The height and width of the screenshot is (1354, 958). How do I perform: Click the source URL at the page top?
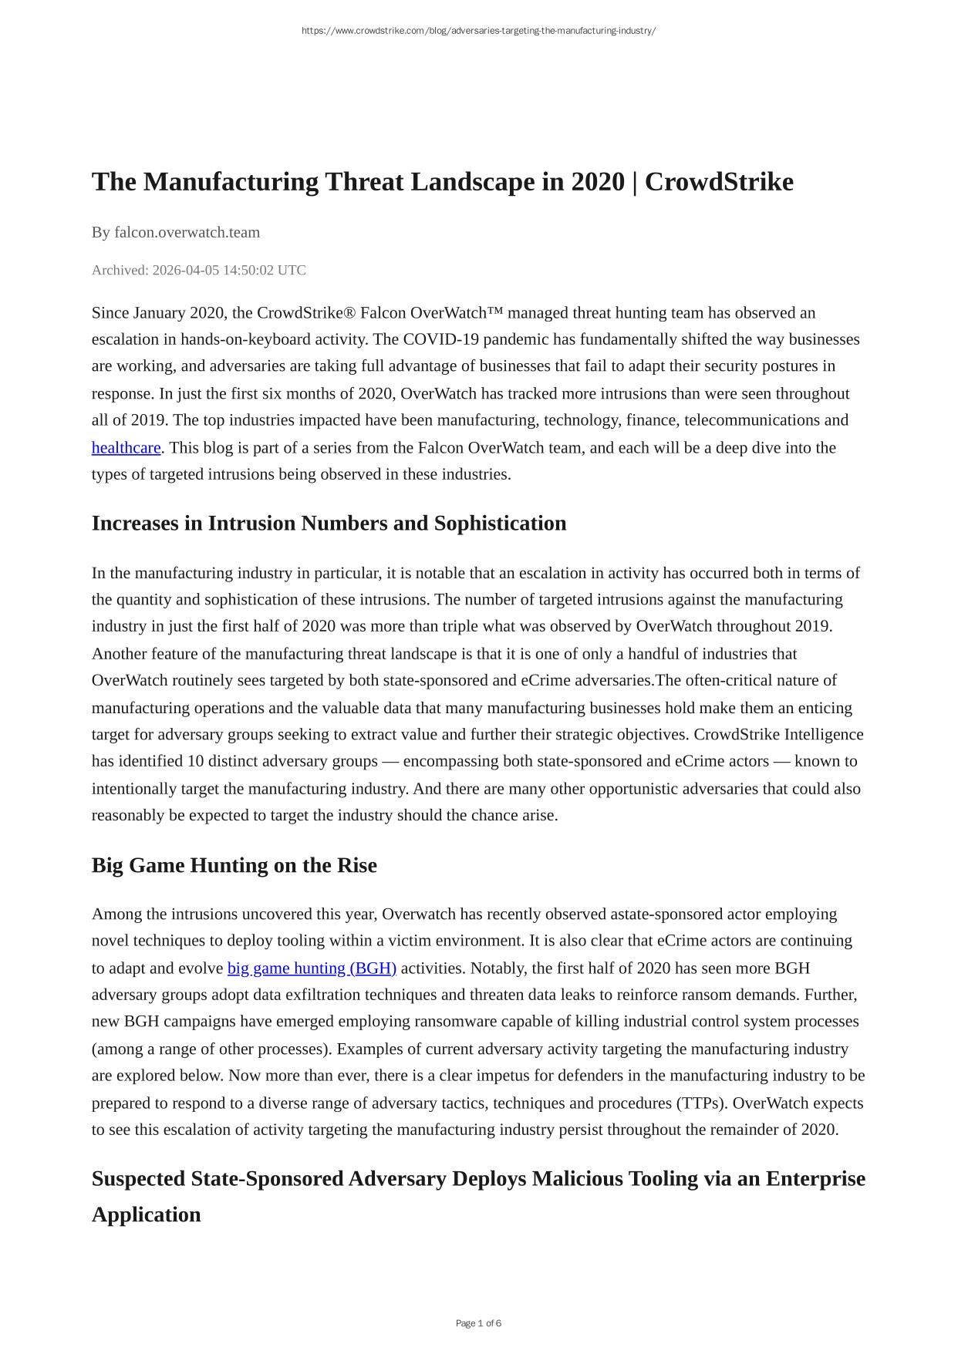478,31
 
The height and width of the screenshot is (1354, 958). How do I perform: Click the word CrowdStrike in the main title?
718,182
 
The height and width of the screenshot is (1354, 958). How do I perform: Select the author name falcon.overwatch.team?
187,232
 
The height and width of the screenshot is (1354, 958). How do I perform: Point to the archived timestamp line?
198,270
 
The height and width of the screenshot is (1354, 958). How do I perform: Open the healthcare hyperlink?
126,447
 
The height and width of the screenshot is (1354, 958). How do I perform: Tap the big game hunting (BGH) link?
312,968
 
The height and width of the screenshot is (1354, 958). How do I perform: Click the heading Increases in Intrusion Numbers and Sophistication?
329,523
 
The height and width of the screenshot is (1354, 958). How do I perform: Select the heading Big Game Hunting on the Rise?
234,865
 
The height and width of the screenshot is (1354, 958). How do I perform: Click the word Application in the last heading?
146,1214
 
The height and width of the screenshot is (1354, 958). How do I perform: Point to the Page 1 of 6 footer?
478,1323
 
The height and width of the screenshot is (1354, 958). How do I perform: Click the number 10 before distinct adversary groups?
196,761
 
